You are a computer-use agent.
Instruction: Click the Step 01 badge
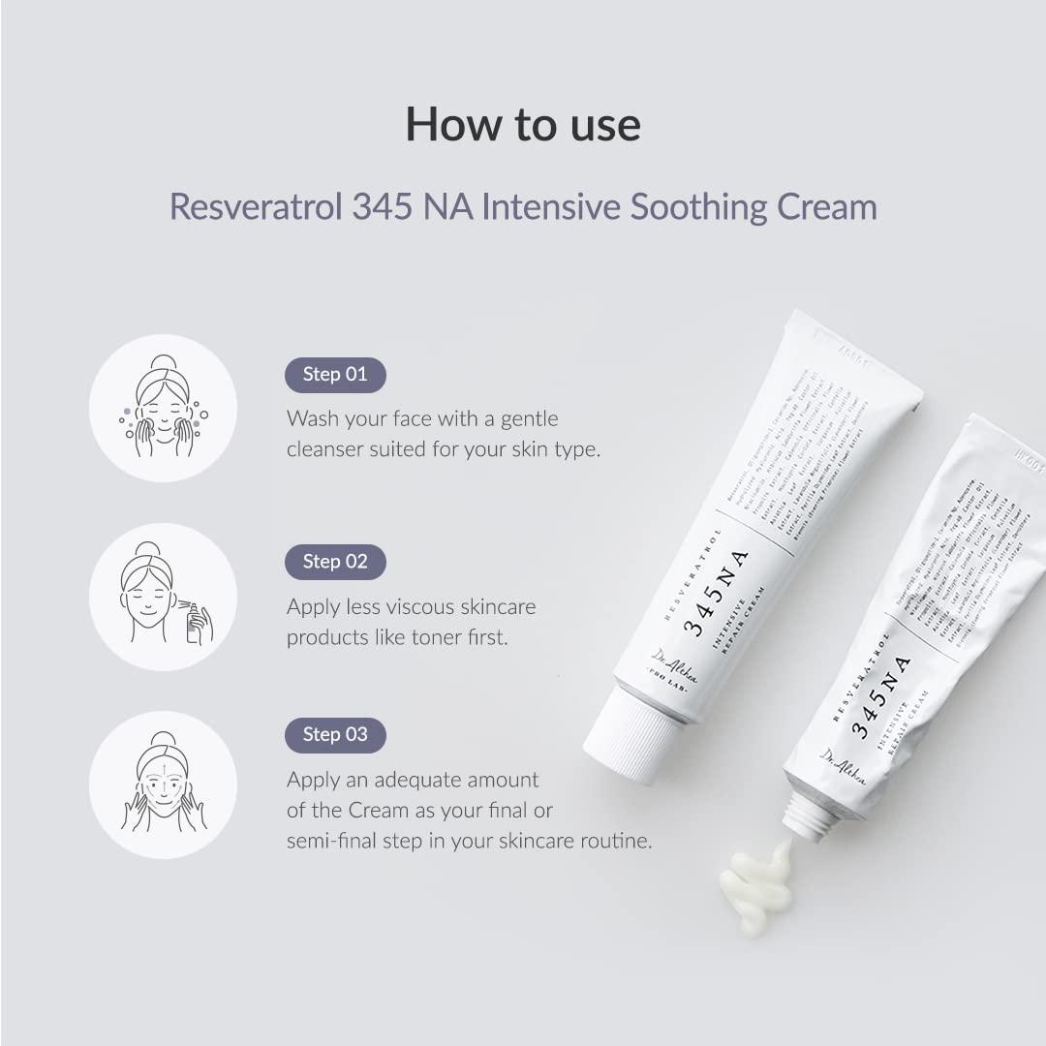[335, 375]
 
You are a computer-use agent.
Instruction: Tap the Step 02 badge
[335, 562]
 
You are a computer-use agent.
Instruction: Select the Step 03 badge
[335, 735]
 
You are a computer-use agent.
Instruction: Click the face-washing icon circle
[163, 408]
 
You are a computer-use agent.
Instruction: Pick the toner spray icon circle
[163, 597]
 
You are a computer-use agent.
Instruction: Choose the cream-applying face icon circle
[163, 784]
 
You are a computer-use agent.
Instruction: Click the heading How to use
[523, 125]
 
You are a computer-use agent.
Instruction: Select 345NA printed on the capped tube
[717, 593]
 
